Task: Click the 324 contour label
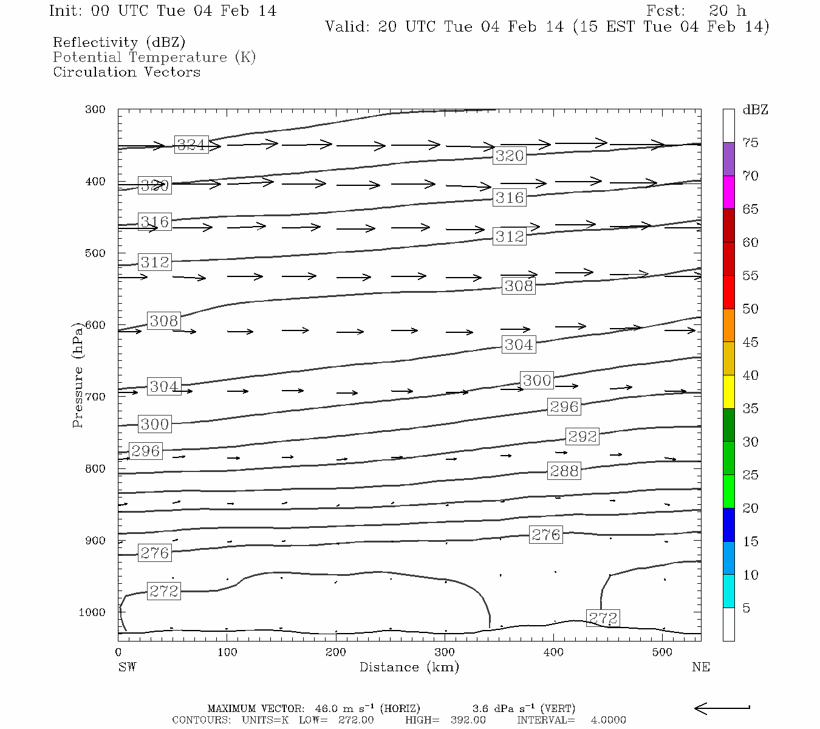click(x=191, y=145)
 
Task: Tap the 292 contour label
click(x=582, y=436)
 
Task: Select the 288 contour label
click(x=564, y=471)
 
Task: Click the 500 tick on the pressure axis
click(x=95, y=253)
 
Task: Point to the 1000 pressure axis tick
click(x=92, y=612)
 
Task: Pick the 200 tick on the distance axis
click(x=335, y=652)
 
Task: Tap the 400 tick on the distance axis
click(x=553, y=652)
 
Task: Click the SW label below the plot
click(x=127, y=667)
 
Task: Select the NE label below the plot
click(x=700, y=667)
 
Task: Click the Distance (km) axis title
click(x=409, y=667)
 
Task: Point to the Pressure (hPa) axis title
click(x=78, y=375)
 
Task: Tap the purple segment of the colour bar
click(x=728, y=159)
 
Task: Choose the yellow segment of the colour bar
click(x=728, y=392)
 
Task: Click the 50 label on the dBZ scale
click(x=750, y=309)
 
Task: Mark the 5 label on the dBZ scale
click(x=747, y=608)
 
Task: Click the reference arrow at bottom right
click(x=722, y=708)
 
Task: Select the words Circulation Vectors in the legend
click(x=126, y=72)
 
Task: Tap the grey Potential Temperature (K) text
click(x=154, y=58)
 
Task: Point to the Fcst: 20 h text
click(x=696, y=11)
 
